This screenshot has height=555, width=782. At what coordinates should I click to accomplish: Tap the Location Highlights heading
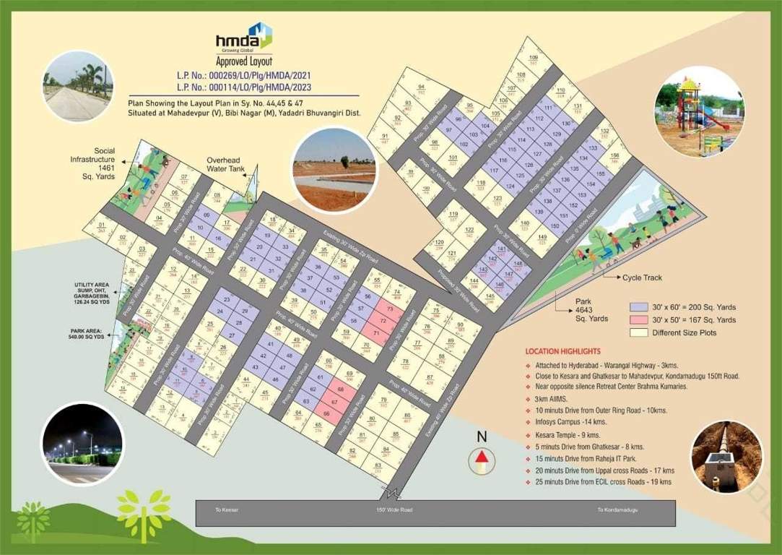click(x=563, y=350)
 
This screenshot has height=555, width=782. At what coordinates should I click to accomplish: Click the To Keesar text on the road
click(x=227, y=510)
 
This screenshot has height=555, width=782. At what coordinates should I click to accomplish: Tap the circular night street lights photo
click(x=82, y=444)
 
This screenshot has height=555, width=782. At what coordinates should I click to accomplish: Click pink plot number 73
click(x=390, y=309)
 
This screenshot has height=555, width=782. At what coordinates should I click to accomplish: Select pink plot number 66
click(x=326, y=414)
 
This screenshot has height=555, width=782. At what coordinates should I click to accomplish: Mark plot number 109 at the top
click(x=534, y=59)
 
